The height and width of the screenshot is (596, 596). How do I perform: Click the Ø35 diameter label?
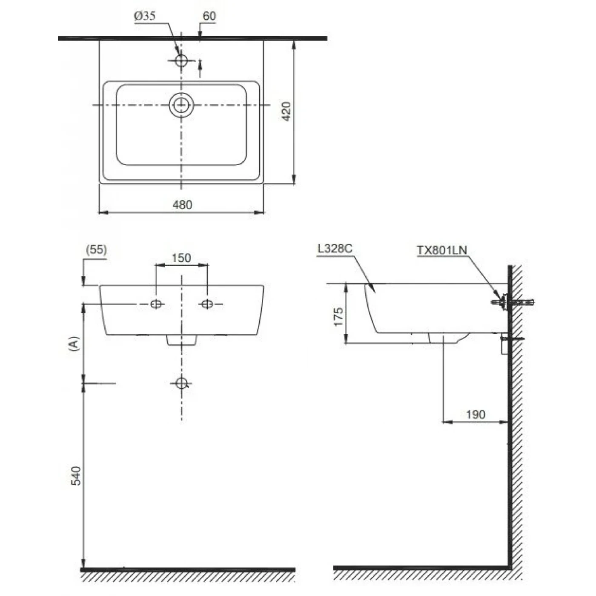pyautogui.click(x=145, y=16)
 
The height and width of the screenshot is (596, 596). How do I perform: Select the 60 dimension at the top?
pyautogui.click(x=209, y=16)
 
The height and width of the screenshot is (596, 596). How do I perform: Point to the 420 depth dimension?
pyautogui.click(x=287, y=112)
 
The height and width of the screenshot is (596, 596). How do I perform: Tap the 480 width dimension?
pyautogui.click(x=182, y=205)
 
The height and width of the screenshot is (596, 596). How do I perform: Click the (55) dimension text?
pyautogui.click(x=96, y=249)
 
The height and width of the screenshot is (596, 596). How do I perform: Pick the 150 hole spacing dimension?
pyautogui.click(x=181, y=258)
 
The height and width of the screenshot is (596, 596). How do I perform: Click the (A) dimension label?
pyautogui.click(x=74, y=343)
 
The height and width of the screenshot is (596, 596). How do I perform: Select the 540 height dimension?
pyautogui.click(x=75, y=476)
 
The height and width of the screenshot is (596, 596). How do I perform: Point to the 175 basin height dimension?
pyautogui.click(x=338, y=317)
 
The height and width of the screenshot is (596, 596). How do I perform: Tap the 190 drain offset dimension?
pyautogui.click(x=476, y=414)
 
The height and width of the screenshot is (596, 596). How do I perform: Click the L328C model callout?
pyautogui.click(x=335, y=249)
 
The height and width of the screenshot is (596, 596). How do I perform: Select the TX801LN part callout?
pyautogui.click(x=441, y=250)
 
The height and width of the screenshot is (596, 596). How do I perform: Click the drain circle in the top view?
pyautogui.click(x=181, y=104)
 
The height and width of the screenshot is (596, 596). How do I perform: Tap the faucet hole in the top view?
pyautogui.click(x=181, y=60)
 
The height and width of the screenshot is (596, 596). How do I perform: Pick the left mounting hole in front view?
pyautogui.click(x=156, y=304)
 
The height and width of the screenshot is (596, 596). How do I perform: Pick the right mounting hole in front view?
pyautogui.click(x=207, y=304)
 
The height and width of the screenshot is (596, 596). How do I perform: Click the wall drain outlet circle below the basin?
pyautogui.click(x=181, y=383)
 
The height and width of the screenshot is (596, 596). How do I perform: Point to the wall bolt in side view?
pyautogui.click(x=513, y=302)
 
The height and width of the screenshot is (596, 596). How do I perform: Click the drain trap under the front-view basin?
pyautogui.click(x=181, y=340)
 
